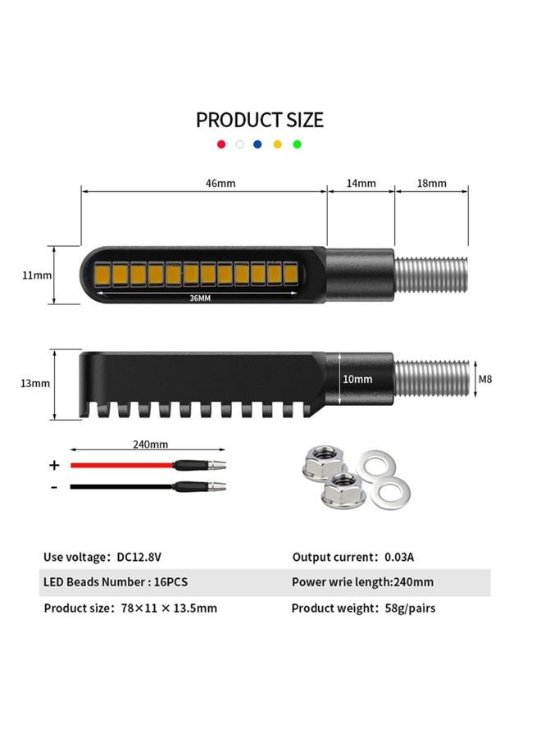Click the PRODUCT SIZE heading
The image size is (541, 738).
click(x=260, y=120)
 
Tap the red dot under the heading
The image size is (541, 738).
click(x=221, y=144)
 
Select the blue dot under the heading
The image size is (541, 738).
click(x=257, y=144)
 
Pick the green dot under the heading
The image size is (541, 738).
click(x=297, y=144)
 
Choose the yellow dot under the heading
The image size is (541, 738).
click(x=278, y=144)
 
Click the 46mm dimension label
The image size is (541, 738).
click(x=220, y=183)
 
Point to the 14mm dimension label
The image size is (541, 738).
click(x=361, y=183)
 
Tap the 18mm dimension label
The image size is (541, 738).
click(x=431, y=183)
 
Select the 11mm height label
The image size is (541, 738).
click(x=37, y=276)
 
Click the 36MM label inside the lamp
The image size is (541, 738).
click(x=200, y=298)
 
